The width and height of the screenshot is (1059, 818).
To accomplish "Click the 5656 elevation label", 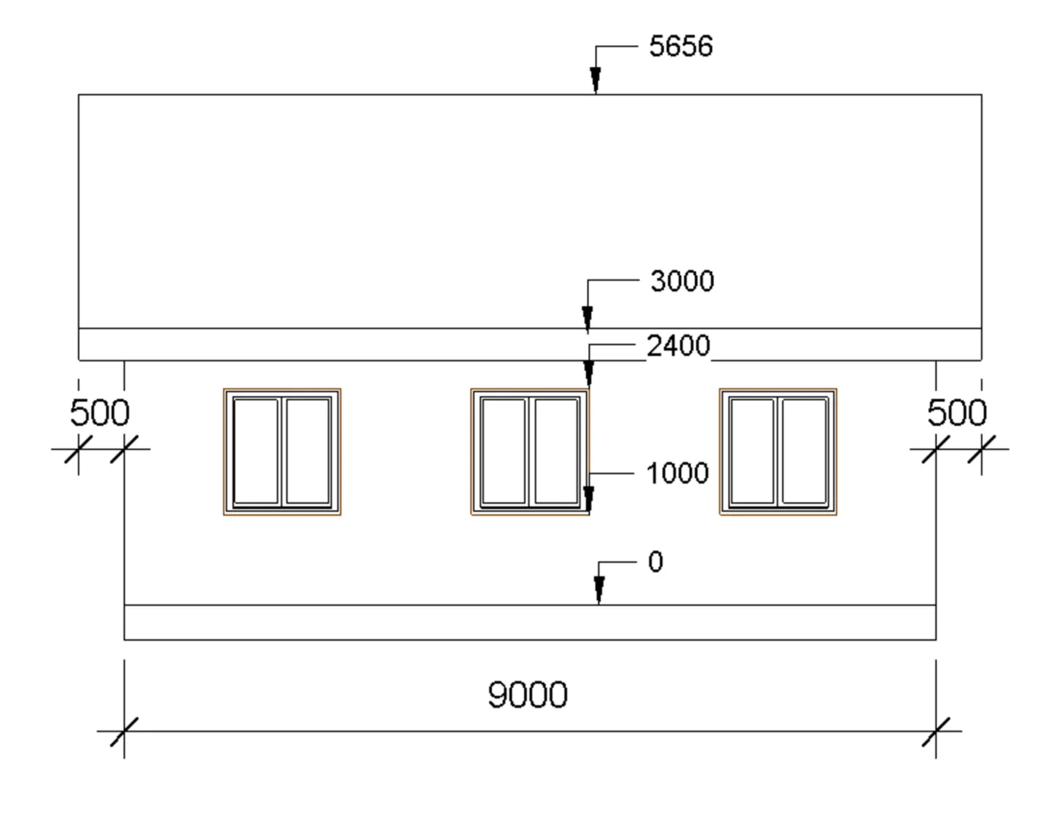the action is (681, 46).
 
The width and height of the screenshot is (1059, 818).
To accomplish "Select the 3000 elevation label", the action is (682, 281).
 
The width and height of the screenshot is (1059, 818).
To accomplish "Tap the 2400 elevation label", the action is (678, 345).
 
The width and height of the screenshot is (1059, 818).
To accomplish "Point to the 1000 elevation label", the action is (677, 473).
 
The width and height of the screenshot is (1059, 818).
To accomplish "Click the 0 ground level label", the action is (656, 561).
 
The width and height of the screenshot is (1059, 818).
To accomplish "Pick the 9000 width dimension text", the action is (528, 695).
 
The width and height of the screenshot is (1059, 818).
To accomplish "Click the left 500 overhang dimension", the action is (100, 412).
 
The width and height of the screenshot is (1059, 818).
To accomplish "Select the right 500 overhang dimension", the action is (957, 412).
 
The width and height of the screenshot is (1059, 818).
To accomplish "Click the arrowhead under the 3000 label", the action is (587, 320).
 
